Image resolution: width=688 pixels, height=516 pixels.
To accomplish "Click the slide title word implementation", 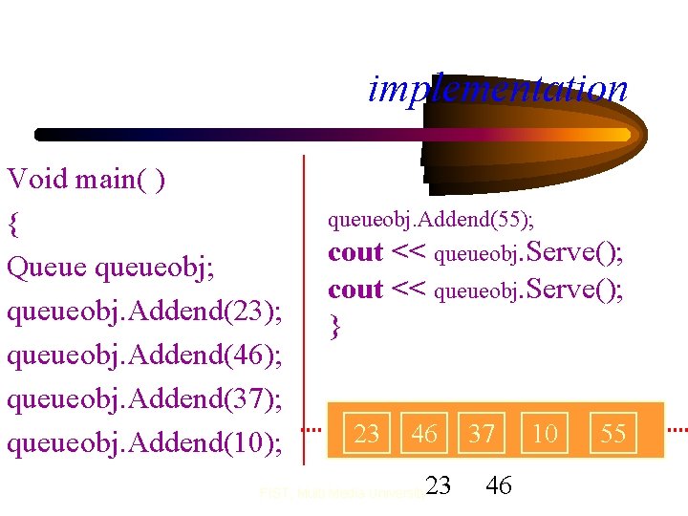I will pyautogui.click(x=498, y=89).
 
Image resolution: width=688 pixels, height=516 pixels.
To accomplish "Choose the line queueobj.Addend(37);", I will pyautogui.click(x=144, y=398).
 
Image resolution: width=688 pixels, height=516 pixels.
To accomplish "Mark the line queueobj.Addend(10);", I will pyautogui.click(x=144, y=442).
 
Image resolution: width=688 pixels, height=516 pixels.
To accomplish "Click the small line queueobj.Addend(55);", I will pyautogui.click(x=431, y=221).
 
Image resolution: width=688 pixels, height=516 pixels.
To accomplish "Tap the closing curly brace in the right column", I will pyautogui.click(x=334, y=328).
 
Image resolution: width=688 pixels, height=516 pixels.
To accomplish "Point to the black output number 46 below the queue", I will pyautogui.click(x=498, y=485).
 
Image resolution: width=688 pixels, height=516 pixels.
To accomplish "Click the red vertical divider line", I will pyautogui.click(x=304, y=306).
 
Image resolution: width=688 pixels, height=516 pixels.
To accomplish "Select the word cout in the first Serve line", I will pyautogui.click(x=355, y=253).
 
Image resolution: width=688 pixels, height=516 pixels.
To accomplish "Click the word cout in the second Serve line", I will pyautogui.click(x=355, y=289).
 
